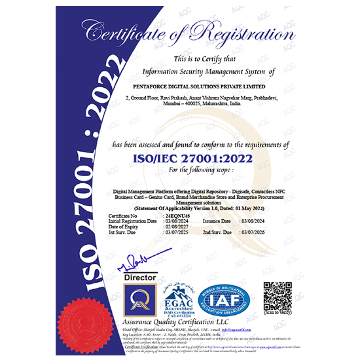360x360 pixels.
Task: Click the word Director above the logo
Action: (139, 278)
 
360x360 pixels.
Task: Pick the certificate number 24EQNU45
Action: (173, 214)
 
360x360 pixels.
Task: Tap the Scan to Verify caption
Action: (278, 317)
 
